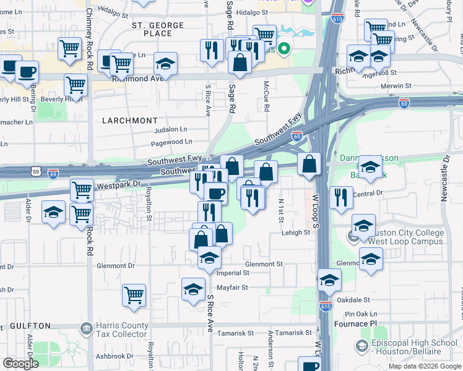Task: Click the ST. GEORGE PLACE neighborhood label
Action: click(x=158, y=29)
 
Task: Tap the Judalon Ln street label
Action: click(x=170, y=130)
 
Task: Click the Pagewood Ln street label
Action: click(x=171, y=142)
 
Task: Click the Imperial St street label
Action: click(x=232, y=272)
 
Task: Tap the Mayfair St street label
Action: click(x=232, y=288)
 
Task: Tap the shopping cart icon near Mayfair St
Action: click(x=134, y=294)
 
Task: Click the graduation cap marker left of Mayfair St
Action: click(x=193, y=288)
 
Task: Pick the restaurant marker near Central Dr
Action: click(x=341, y=197)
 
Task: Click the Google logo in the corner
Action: click(x=20, y=364)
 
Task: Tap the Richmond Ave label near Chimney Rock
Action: click(x=138, y=79)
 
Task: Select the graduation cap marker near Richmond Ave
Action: click(x=165, y=63)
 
